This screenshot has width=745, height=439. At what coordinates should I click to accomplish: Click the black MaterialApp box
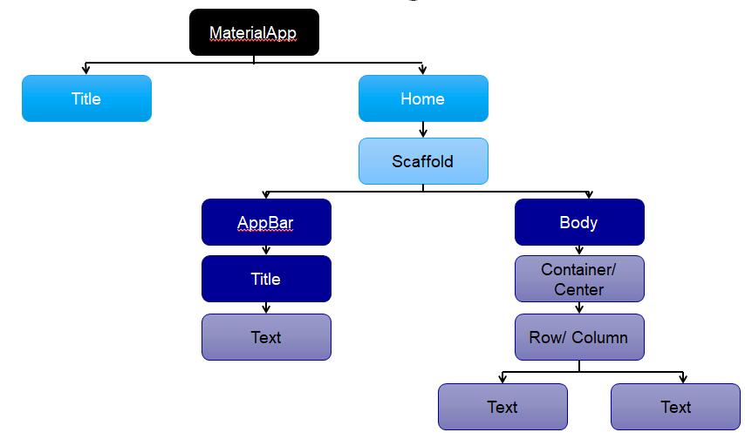tap(254, 32)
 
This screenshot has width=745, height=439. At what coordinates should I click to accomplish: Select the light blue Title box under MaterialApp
tap(87, 98)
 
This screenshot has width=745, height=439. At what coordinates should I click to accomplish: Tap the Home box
tap(423, 98)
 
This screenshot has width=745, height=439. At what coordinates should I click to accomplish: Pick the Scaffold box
tap(423, 161)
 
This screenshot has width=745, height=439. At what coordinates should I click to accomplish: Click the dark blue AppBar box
tap(267, 222)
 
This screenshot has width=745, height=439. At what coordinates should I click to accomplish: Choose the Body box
tap(579, 222)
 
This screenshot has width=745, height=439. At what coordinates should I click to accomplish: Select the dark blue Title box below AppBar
tap(267, 279)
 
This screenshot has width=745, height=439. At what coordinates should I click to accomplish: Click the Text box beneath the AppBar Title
tap(267, 337)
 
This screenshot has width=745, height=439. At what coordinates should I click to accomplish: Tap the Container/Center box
tap(579, 279)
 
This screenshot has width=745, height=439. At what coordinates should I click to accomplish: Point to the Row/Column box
tap(579, 337)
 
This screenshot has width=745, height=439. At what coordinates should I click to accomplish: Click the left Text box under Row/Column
tap(502, 407)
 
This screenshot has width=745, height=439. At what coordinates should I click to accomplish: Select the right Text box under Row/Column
tap(675, 407)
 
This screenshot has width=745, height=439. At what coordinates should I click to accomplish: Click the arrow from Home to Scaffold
tap(423, 130)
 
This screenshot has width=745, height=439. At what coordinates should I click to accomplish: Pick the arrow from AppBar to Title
tap(266, 250)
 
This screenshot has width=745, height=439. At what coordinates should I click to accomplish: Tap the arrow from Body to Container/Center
tap(579, 250)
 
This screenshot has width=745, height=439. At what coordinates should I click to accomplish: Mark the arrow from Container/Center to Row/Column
tap(579, 308)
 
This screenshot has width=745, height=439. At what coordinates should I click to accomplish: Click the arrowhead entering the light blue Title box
tap(86, 71)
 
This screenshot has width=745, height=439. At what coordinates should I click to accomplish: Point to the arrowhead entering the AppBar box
tap(266, 195)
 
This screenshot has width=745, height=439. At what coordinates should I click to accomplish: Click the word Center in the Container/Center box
tap(578, 289)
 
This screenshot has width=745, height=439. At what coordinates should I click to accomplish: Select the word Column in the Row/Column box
tap(599, 337)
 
